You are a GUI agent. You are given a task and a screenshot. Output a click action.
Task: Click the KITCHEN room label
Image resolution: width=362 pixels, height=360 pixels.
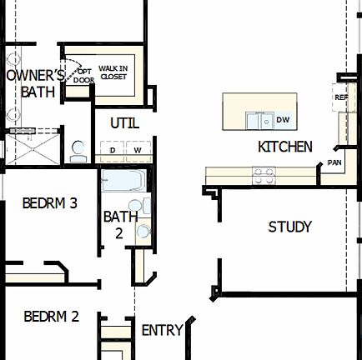click(x=284, y=147)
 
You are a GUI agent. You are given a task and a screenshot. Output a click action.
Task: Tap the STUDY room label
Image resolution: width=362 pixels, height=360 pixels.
click(x=289, y=227)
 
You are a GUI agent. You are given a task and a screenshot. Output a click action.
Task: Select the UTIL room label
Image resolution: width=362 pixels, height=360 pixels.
click(x=124, y=124)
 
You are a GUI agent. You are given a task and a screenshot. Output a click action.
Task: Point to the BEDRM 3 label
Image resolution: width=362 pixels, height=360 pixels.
click(x=50, y=202)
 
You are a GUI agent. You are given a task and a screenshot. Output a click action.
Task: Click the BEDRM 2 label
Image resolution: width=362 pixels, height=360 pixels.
click(x=51, y=317)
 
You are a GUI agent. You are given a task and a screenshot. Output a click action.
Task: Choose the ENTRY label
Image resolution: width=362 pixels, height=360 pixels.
click(x=162, y=331)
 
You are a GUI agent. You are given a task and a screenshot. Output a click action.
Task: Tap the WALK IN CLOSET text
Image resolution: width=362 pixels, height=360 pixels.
click(x=113, y=72)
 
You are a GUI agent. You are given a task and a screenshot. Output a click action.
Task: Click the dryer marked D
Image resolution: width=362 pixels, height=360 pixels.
click(x=112, y=150)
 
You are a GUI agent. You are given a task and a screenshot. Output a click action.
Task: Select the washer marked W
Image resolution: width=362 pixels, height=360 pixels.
click(x=137, y=150)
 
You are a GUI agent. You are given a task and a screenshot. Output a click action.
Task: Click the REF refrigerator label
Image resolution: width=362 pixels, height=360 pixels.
click(x=340, y=97)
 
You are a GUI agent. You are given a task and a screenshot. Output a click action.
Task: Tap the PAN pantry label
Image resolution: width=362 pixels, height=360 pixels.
click(x=334, y=162)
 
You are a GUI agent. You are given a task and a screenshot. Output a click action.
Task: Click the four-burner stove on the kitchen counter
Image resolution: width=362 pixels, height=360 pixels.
click(x=264, y=175)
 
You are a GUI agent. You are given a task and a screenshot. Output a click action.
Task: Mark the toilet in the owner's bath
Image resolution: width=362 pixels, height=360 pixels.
click(x=78, y=151)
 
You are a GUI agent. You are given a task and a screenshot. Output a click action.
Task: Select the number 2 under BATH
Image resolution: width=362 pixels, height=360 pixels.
click(x=118, y=234)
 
